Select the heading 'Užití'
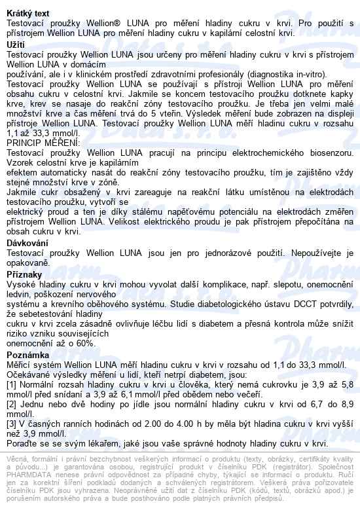16,44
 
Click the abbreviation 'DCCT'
274,303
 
